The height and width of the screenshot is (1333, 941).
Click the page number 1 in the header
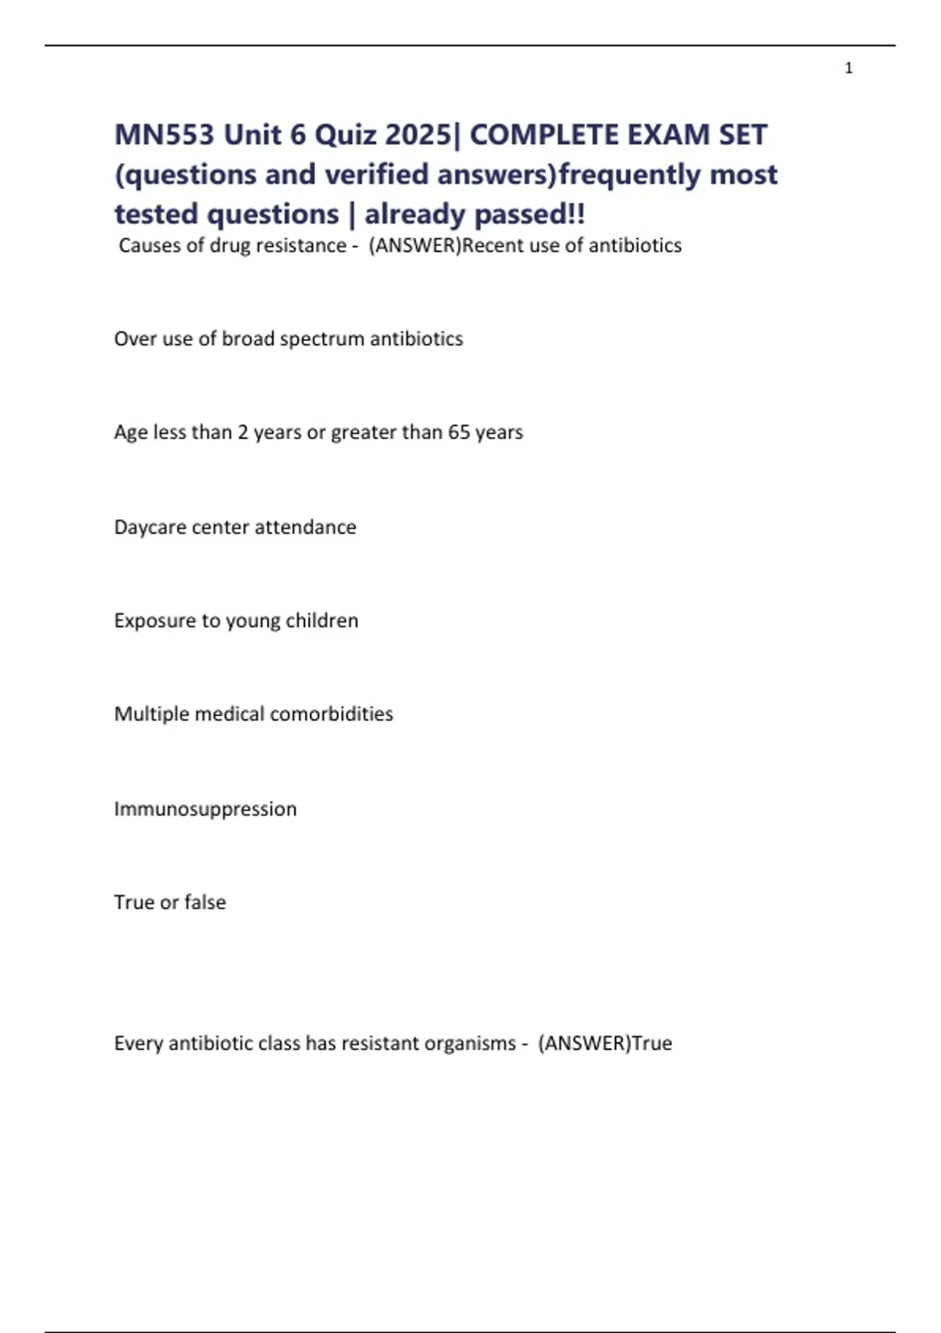pos(848,68)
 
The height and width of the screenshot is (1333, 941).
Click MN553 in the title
pos(164,135)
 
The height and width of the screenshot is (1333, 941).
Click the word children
pos(322,620)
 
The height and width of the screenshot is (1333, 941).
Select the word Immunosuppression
pos(205,808)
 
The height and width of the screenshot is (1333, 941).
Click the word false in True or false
pos(205,902)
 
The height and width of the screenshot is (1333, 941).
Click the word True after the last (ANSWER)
pos(652,1043)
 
